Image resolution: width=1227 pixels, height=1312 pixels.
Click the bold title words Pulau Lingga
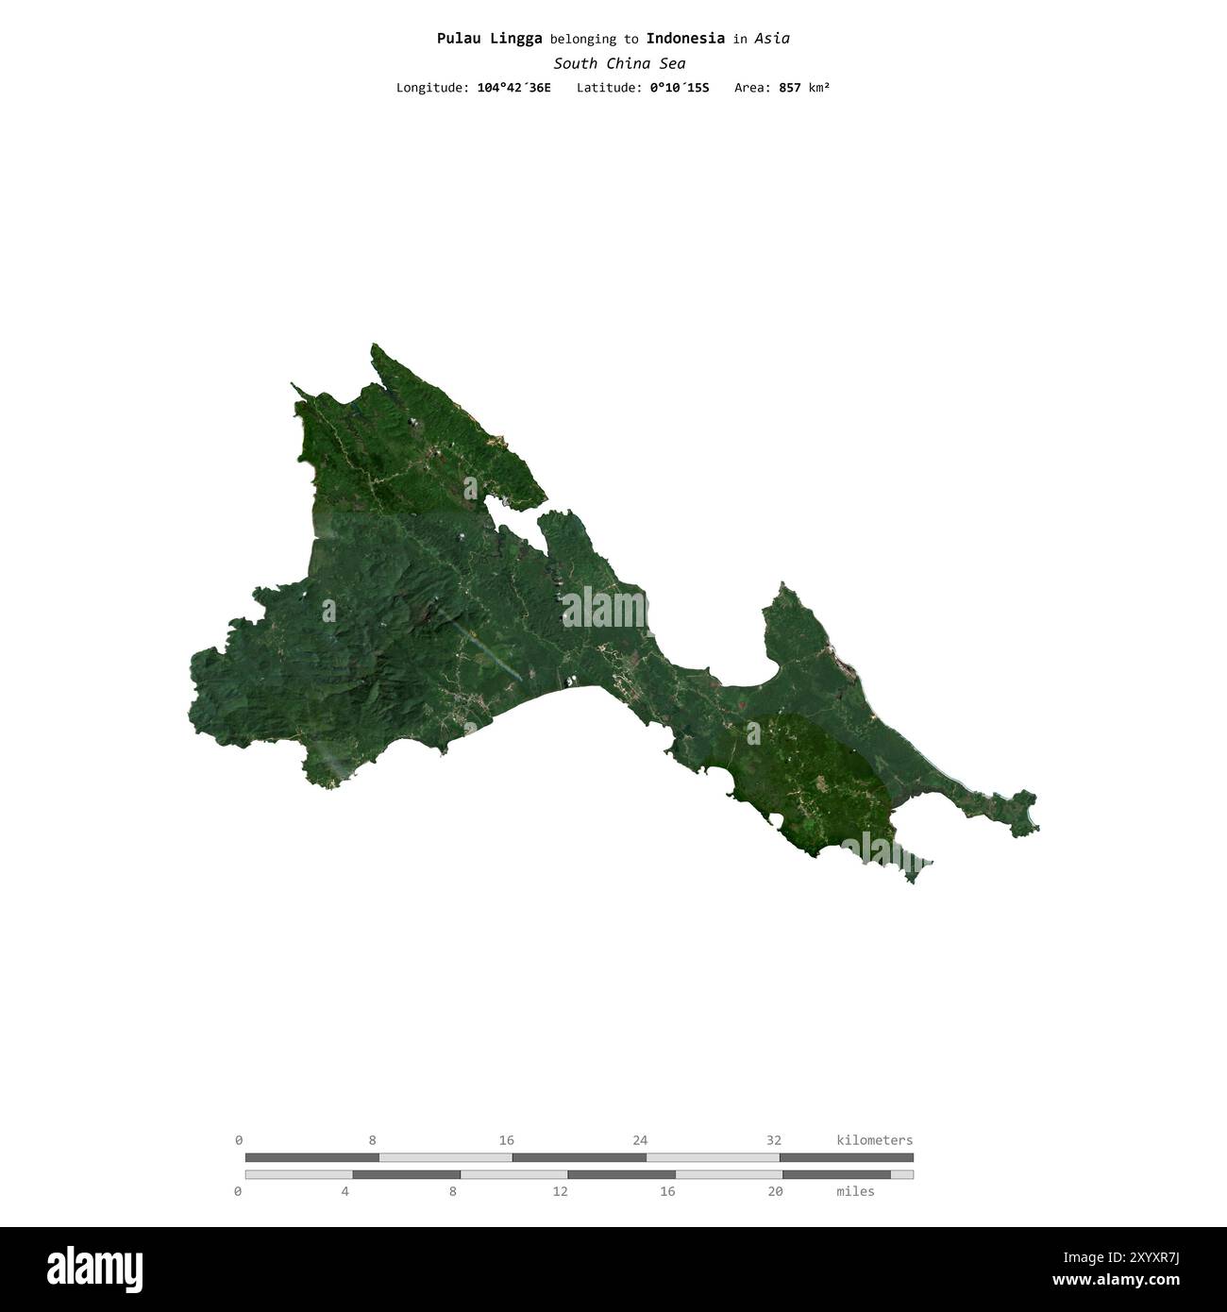(x=489, y=39)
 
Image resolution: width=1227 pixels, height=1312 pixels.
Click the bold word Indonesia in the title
(x=685, y=39)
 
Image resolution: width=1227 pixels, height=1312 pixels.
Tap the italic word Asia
(x=772, y=39)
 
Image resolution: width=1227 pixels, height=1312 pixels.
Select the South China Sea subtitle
(x=619, y=64)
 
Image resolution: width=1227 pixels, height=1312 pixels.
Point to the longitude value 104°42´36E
(x=513, y=88)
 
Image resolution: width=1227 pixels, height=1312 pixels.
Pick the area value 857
(x=789, y=88)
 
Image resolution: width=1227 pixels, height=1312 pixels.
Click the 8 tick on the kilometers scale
(x=373, y=1140)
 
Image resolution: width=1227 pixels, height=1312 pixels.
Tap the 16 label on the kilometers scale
(x=507, y=1140)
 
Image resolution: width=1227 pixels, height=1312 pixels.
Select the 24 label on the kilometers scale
(x=640, y=1140)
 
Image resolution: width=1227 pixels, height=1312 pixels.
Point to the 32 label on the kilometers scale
(x=774, y=1140)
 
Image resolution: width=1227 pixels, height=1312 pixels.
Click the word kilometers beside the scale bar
(x=874, y=1140)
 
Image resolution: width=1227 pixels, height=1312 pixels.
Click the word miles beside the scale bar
(x=855, y=1191)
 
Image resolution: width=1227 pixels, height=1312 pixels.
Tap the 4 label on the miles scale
(x=345, y=1191)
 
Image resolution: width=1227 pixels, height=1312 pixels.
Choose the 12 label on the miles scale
(x=561, y=1191)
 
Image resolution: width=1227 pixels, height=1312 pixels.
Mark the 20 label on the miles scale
(x=775, y=1191)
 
